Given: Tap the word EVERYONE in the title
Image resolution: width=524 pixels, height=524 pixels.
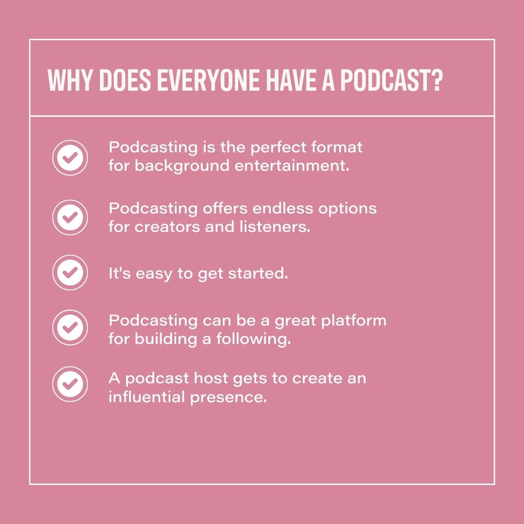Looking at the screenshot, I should point(212,81).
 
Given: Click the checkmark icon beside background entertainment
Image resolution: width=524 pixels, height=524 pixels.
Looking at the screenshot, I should point(70,158).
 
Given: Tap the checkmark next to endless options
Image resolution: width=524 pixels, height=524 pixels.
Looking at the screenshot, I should point(70,217).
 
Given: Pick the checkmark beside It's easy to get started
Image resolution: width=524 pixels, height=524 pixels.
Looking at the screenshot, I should point(70,273).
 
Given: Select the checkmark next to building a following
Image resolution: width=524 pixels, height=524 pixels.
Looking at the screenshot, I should point(70,327).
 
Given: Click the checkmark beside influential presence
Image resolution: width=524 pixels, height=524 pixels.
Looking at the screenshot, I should point(70,384).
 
